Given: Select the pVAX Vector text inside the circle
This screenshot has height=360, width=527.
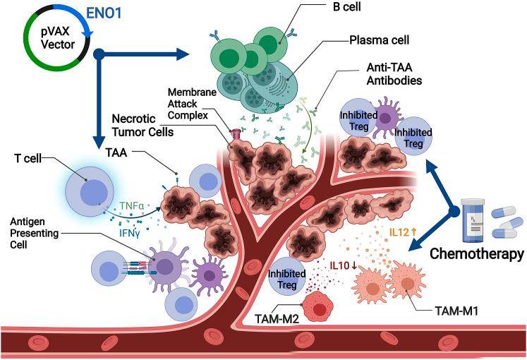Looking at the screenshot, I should [x=52, y=43].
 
